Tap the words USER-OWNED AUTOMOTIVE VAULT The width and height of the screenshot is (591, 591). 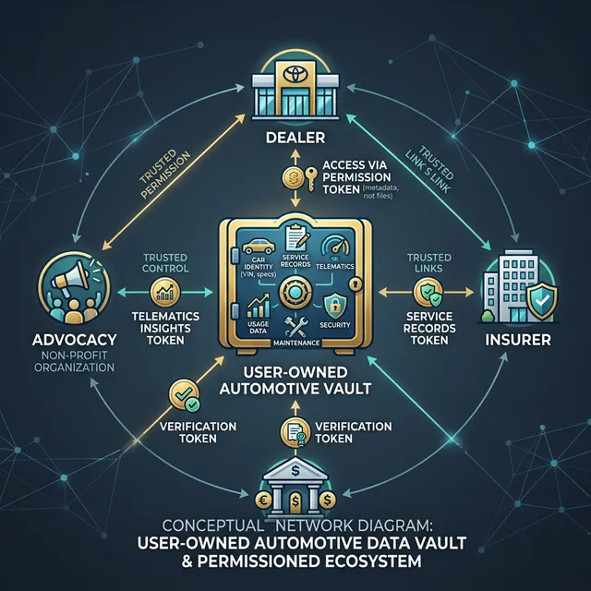(295, 380)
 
